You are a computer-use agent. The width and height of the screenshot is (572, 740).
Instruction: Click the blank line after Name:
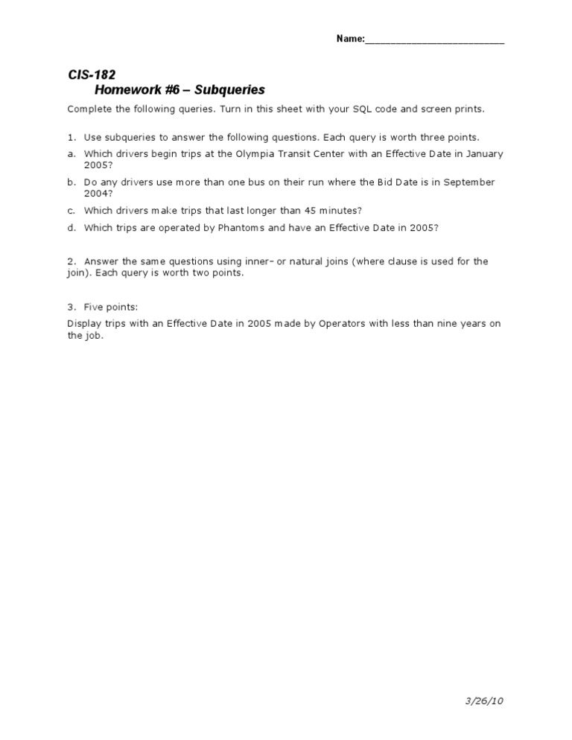[435, 40]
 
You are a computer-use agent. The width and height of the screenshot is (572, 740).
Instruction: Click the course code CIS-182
[91, 74]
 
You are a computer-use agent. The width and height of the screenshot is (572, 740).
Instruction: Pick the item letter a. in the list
[71, 154]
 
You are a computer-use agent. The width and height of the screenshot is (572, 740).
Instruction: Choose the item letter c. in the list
[71, 211]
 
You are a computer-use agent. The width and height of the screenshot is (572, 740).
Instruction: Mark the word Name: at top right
[350, 39]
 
